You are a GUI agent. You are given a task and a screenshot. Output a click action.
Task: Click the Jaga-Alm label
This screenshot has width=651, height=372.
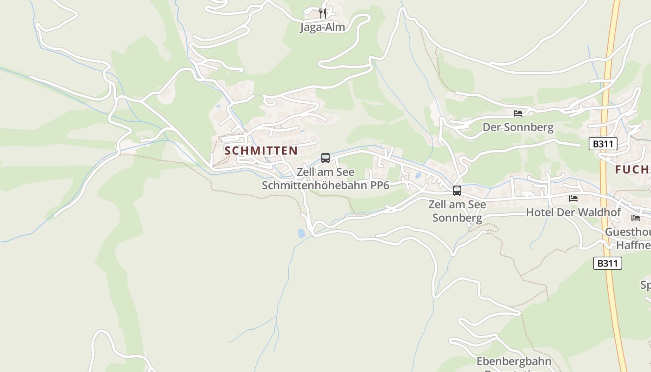pos(323,27)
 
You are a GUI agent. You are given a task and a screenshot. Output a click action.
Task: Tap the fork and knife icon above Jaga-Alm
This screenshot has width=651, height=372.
pos(323,13)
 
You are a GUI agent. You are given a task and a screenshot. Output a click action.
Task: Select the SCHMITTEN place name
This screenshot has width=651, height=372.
pos(261,151)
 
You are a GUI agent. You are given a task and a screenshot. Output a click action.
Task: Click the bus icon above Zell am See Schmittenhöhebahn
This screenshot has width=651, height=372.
pos(325,158)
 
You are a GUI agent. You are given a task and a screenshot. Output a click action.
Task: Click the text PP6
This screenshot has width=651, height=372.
pos(379,186)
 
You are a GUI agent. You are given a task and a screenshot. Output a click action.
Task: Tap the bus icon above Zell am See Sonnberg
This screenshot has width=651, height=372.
pos(457,190)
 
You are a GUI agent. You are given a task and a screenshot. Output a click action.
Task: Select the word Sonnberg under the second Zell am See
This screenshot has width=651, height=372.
pos(457,217)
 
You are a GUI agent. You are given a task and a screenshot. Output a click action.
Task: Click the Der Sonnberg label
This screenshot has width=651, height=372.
pos(518,127)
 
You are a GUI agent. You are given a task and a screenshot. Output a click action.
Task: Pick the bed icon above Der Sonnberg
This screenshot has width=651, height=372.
pos(518,113)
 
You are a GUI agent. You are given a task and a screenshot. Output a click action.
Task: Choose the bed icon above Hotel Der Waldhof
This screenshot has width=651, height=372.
pos(573,199)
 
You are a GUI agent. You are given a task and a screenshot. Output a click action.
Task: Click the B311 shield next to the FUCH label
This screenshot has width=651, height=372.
pos(603,144)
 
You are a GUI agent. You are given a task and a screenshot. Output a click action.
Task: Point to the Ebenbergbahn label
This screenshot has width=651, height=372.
pos(514,361)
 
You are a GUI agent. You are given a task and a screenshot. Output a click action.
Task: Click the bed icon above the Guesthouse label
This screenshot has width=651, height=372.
pos(636,218)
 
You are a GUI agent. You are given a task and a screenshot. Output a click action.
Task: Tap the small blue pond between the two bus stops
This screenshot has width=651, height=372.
pos(418,176)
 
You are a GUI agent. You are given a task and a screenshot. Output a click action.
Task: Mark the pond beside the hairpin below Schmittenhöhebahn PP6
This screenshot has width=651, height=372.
pos(301,233)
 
